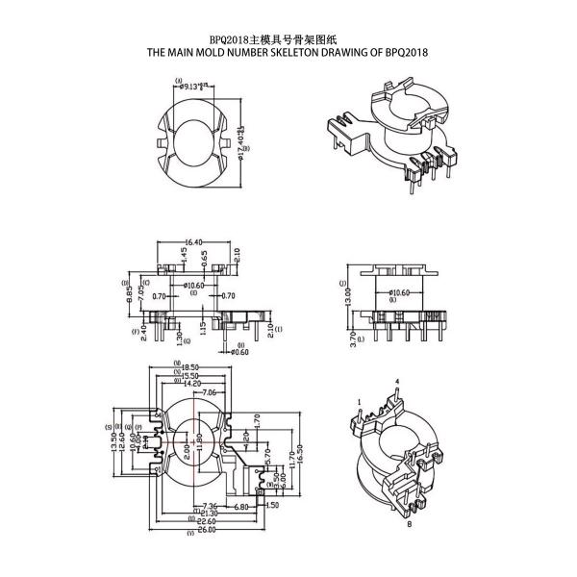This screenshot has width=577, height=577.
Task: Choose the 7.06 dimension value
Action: (x=208, y=392)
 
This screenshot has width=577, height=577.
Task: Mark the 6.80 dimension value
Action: (x=240, y=507)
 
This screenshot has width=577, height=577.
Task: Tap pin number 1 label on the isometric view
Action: (x=358, y=401)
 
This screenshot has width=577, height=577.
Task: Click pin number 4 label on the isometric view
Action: (x=396, y=382)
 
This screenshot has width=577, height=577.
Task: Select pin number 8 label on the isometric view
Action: (x=409, y=525)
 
